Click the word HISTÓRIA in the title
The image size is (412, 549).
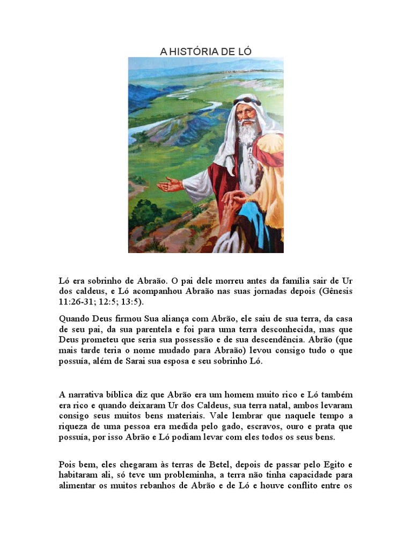[195, 51]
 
